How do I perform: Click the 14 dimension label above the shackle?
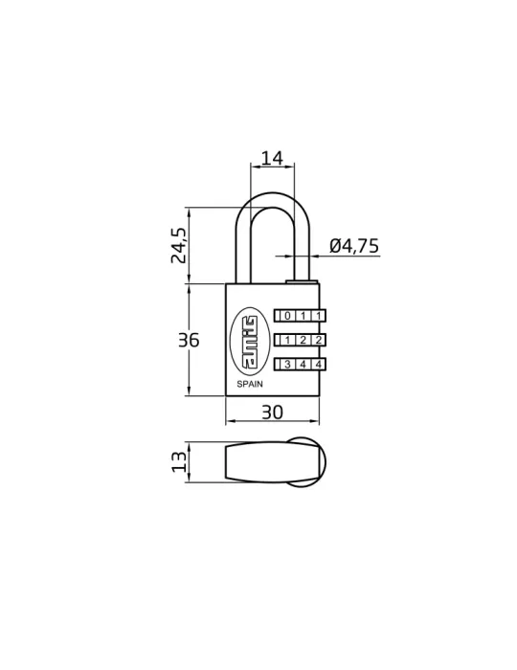click(272, 158)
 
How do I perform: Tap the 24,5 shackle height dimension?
click(179, 245)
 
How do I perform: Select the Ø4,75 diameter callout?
click(354, 246)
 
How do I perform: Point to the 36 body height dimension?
click(189, 341)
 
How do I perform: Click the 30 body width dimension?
click(272, 413)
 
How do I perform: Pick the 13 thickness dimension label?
click(179, 462)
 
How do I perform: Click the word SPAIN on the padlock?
click(250, 384)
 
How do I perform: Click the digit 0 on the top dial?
click(287, 316)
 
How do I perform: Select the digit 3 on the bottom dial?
click(287, 365)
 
